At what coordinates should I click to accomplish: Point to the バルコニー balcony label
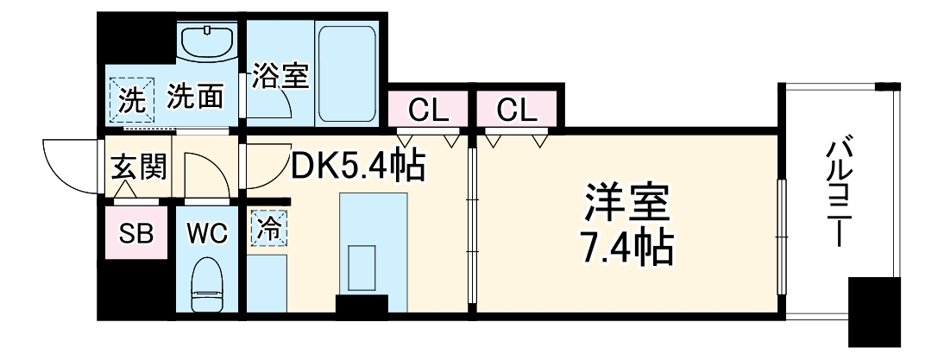tap(838, 194)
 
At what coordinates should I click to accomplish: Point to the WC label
tap(206, 233)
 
